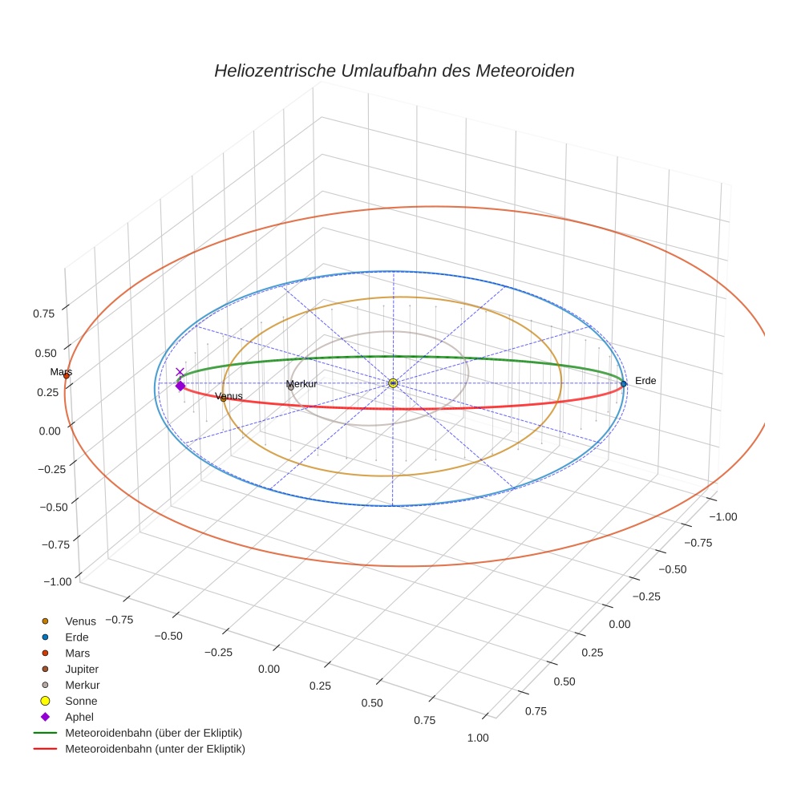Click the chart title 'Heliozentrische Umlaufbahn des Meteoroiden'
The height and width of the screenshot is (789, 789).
pyautogui.click(x=394, y=71)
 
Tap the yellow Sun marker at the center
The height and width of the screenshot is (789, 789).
pyautogui.click(x=393, y=383)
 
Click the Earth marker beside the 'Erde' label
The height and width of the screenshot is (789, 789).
pyautogui.click(x=623, y=383)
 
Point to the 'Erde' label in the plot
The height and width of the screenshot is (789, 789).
pyautogui.click(x=645, y=381)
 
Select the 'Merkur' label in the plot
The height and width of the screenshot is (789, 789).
pyautogui.click(x=301, y=384)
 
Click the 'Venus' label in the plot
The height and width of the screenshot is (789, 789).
pyautogui.click(x=229, y=396)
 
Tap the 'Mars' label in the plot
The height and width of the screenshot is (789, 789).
pyautogui.click(x=61, y=372)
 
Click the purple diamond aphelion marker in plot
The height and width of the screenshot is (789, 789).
pyautogui.click(x=180, y=386)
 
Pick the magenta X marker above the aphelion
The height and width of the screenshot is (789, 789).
pyautogui.click(x=180, y=372)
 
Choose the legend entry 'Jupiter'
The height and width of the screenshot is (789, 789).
pyautogui.click(x=81, y=669)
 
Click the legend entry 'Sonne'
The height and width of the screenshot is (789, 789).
pyautogui.click(x=81, y=701)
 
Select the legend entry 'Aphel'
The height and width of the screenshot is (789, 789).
pyautogui.click(x=79, y=717)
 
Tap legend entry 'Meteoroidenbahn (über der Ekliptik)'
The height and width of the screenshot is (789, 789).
pyautogui.click(x=153, y=733)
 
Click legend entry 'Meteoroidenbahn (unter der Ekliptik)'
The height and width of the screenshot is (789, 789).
pyautogui.click(x=155, y=749)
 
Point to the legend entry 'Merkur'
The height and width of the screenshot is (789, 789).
pyautogui.click(x=82, y=685)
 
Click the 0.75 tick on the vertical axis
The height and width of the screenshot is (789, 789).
pyautogui.click(x=44, y=313)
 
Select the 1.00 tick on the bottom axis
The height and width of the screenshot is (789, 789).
pyautogui.click(x=476, y=738)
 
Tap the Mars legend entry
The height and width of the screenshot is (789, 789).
pyautogui.click(x=77, y=653)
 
